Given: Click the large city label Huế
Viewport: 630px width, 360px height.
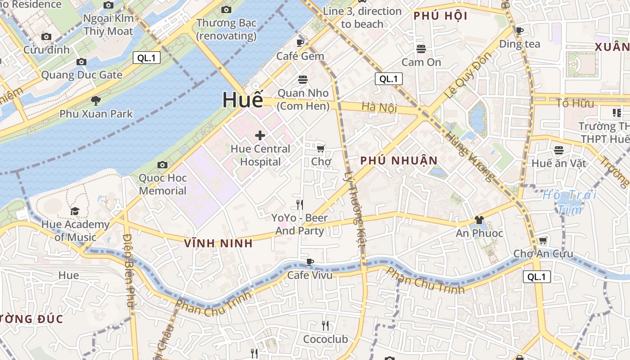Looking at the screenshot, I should click(x=243, y=100).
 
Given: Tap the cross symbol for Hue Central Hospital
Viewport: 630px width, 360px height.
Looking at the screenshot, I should click(x=260, y=135).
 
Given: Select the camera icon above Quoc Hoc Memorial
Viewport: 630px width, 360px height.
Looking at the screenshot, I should click(x=162, y=165).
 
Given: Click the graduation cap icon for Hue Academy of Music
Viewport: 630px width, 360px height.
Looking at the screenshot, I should click(x=75, y=211).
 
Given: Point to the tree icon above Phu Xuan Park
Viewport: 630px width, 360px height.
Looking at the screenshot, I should click(x=95, y=100).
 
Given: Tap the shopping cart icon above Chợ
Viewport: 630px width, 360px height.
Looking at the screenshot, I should click(x=321, y=148).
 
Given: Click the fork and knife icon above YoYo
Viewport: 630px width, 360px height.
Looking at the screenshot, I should click(x=300, y=205).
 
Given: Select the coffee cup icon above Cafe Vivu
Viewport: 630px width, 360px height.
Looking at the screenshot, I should click(x=310, y=262).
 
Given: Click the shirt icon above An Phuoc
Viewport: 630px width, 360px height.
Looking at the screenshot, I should click(x=479, y=220).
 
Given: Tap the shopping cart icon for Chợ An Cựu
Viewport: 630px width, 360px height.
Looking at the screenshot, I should click(x=543, y=241).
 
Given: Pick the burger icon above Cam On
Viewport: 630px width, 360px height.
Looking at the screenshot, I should click(x=421, y=49).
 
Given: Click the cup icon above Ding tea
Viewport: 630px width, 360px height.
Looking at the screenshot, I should click(x=520, y=31).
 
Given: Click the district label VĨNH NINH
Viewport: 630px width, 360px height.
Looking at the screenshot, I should click(x=218, y=243).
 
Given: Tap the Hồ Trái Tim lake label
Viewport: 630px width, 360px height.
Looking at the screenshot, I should click(x=569, y=202).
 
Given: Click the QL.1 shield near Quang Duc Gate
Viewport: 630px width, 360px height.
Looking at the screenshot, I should click(x=147, y=58).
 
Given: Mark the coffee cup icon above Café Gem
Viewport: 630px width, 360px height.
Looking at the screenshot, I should click(x=300, y=43).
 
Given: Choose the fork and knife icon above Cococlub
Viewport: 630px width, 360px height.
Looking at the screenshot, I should click(x=325, y=325).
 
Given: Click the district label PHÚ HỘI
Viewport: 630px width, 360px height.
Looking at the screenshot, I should click(x=440, y=16).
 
